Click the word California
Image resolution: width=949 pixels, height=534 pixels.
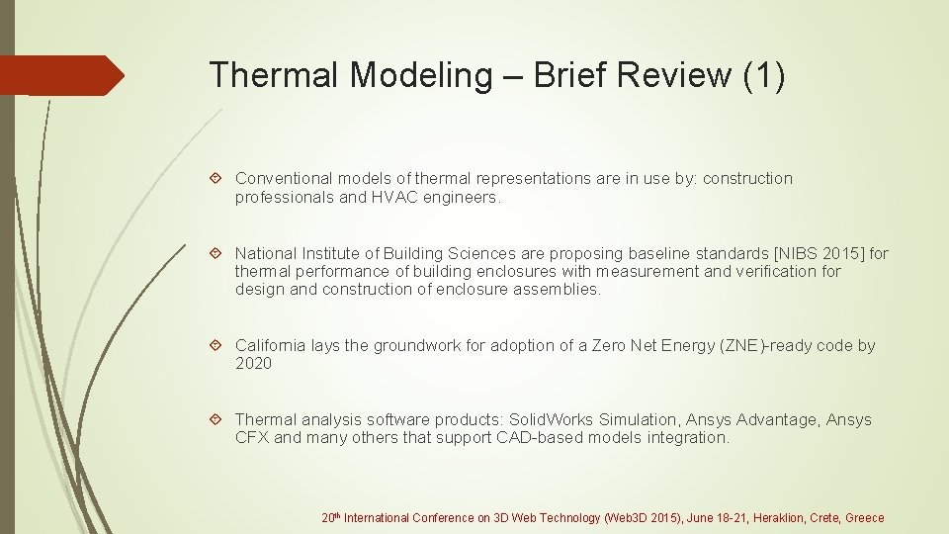[271, 346]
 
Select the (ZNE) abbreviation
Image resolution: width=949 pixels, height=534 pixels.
[743, 346]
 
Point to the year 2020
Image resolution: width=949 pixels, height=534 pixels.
[253, 364]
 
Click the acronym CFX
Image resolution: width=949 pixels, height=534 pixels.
[251, 438]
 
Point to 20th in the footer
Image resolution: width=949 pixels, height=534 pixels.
[331, 517]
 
